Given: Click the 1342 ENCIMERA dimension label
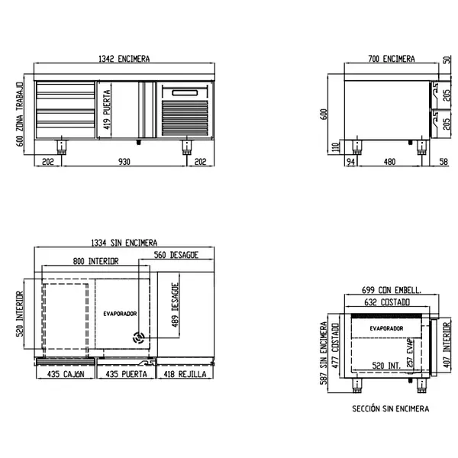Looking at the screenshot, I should tap(124, 59).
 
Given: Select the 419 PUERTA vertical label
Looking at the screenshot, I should tap(107, 113).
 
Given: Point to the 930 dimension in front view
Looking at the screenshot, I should tap(124, 161).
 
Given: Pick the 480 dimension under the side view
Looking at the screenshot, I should tap(389, 161).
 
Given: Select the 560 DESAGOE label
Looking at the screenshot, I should tap(176, 255).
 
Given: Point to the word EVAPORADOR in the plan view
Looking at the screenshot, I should tap(120, 314).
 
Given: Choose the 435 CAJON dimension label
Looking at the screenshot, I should tap(64, 375).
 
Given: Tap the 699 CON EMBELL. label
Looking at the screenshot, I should tap(390, 291).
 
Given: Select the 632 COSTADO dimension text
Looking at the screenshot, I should tap(386, 302).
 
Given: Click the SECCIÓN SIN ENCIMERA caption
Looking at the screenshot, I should tap(390, 409).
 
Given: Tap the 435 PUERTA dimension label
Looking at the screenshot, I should tap(124, 375).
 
